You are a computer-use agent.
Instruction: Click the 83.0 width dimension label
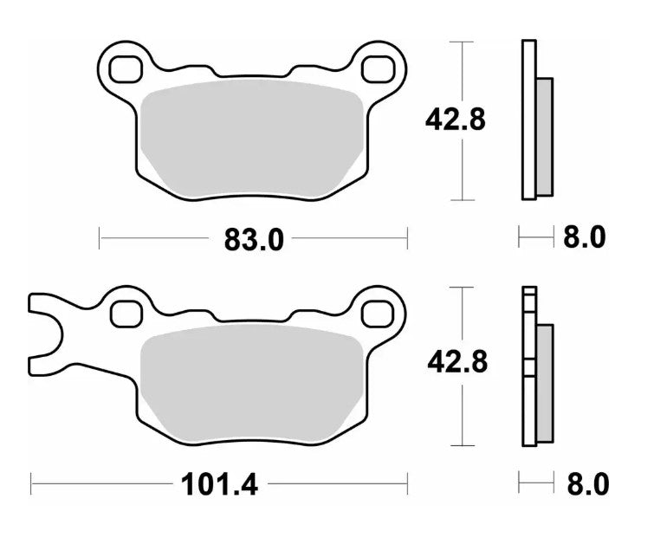253,238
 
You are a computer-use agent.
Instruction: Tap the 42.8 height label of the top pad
455,120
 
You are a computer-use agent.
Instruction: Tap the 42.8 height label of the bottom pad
456,363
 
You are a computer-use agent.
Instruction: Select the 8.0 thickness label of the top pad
585,237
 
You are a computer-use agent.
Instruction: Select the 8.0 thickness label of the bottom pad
585,482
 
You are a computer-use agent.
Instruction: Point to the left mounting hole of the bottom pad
126,311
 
